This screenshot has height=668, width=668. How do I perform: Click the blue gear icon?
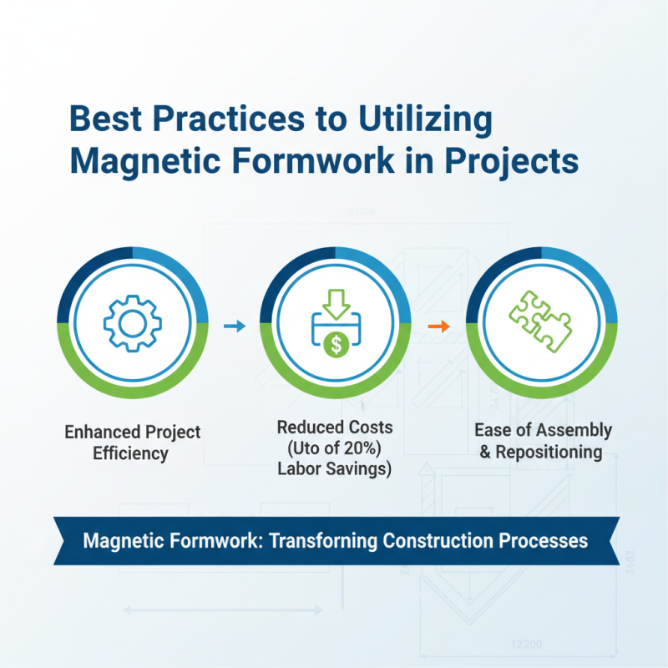click(x=132, y=321)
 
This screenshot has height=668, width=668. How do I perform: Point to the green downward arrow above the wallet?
click(x=335, y=302)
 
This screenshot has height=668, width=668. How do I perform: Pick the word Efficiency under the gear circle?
click(x=132, y=454)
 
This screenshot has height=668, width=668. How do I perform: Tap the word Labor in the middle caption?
click(x=302, y=469)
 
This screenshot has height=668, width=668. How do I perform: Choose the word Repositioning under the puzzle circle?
click(x=549, y=452)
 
